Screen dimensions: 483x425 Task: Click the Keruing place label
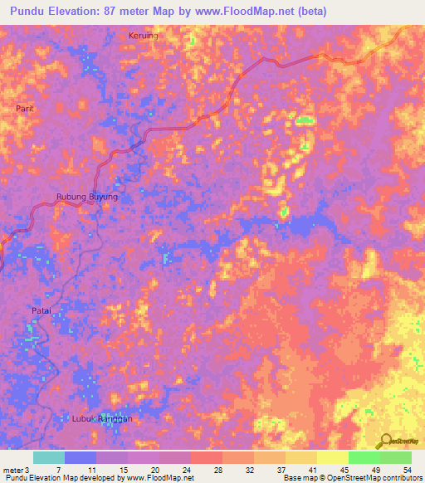(x=143, y=36)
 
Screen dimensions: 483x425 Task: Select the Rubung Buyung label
(x=86, y=197)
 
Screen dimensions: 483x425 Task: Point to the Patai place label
(x=42, y=310)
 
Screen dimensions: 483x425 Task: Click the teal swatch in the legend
(x=48, y=457)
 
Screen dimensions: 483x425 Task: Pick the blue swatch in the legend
(x=80, y=457)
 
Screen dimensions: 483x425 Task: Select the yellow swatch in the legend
(x=333, y=457)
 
